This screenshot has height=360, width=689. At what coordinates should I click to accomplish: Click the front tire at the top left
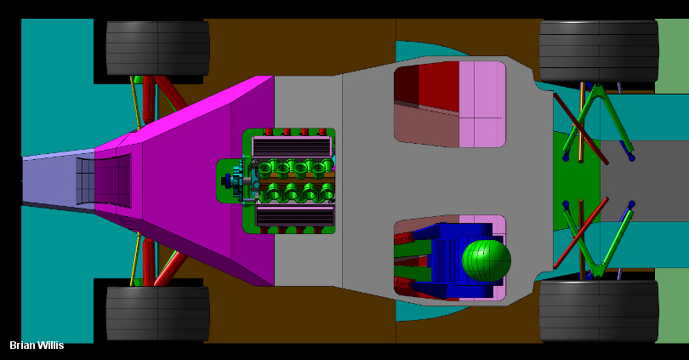157,49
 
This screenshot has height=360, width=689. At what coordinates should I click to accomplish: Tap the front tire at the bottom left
157,313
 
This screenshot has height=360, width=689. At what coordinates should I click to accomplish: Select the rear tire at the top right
599,51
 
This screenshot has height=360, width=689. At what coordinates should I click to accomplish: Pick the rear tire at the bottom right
599,311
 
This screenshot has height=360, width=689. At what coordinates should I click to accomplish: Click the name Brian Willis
37,346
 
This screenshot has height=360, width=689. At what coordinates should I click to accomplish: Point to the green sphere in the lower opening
487,260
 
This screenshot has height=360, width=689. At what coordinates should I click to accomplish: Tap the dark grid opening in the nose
104,180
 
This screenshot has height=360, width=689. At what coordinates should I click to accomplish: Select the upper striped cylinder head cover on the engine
292,147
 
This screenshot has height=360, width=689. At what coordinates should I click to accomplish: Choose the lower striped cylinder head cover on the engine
295,216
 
